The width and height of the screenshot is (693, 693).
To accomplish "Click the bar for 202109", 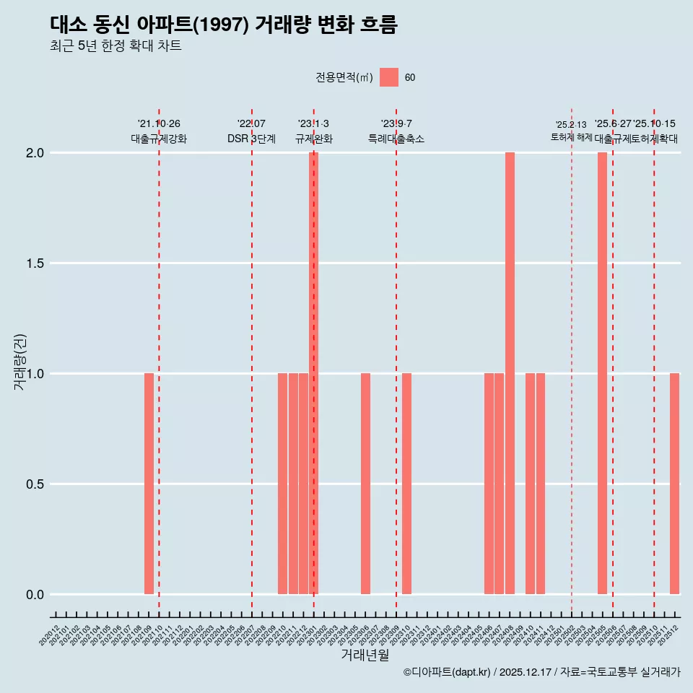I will (149, 484).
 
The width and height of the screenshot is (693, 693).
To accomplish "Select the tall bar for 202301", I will (313, 373).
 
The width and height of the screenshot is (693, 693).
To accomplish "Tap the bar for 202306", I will (365, 484).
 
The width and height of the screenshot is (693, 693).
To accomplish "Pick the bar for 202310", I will (406, 484).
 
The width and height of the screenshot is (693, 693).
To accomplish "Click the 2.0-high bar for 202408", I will (510, 373).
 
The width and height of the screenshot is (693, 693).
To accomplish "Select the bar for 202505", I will (602, 373).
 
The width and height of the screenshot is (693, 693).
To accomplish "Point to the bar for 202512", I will (674, 484).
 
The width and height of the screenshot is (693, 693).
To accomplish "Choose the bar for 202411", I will (541, 484).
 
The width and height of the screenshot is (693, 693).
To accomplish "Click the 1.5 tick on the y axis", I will (34, 263).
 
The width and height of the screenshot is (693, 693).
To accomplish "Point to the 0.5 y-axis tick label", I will (34, 484).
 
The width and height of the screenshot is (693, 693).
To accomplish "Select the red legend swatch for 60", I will (389, 77).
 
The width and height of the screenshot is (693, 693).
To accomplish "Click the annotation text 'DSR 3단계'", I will (251, 139).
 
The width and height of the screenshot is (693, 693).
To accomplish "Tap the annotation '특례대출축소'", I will (396, 139).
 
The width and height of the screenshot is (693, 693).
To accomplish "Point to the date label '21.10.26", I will (159, 124).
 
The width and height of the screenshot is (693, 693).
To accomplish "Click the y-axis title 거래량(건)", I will (20, 362).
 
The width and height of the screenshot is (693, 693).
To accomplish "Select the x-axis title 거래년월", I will (365, 655).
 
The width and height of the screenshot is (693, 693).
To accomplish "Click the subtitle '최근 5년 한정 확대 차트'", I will (115, 46).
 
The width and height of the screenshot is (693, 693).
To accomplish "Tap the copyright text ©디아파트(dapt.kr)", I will (447, 673).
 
